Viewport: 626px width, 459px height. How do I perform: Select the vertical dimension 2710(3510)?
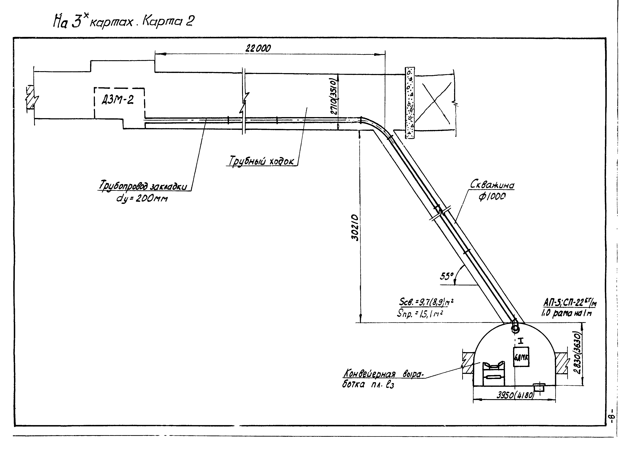coord(334,96)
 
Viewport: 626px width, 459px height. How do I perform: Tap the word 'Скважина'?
coord(492,185)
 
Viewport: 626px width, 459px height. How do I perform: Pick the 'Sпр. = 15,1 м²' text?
coord(420,314)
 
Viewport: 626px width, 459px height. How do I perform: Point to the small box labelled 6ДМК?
coord(521,357)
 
